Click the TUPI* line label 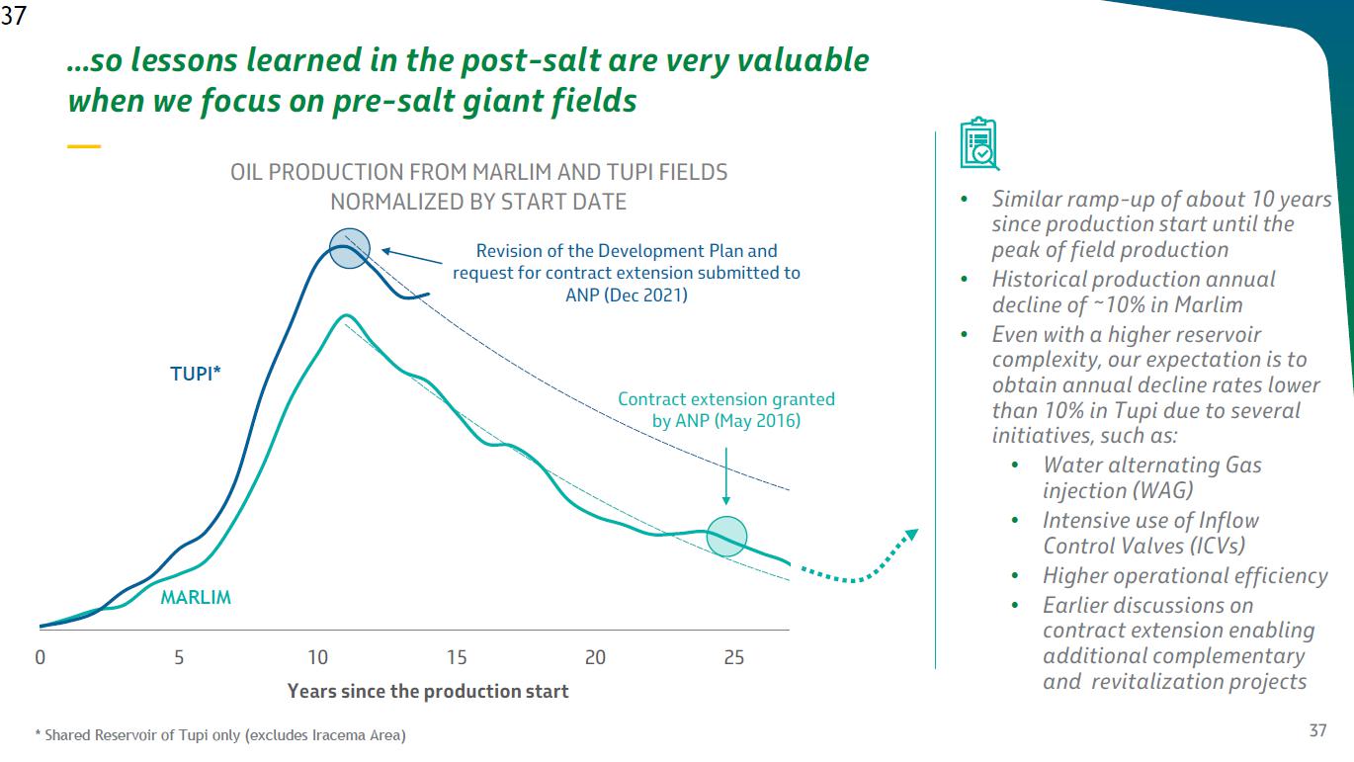[196, 375]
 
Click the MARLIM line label [196, 598]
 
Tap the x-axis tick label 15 [457, 657]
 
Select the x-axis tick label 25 [734, 657]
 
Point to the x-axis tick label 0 [41, 657]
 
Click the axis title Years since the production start [428, 692]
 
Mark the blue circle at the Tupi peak [349, 248]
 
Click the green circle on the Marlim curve [727, 537]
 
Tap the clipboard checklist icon [979, 145]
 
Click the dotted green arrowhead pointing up [910, 536]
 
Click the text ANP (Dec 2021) [633, 295]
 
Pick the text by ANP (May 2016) [726, 421]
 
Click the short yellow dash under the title [84, 146]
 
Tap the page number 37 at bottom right [1317, 730]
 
